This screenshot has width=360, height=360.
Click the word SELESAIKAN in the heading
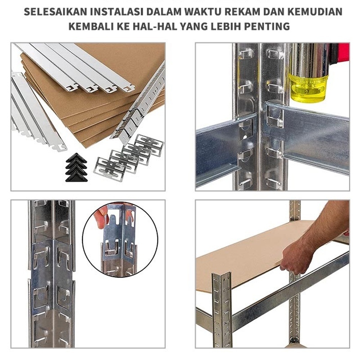(x=55, y=12)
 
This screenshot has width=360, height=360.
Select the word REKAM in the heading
(x=243, y=12)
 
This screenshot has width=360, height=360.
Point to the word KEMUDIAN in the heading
(x=315, y=12)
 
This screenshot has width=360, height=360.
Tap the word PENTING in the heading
(x=267, y=26)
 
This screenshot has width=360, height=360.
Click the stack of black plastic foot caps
(x=76, y=167)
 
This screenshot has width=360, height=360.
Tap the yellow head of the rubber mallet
(x=307, y=88)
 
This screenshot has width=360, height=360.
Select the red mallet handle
(x=340, y=53)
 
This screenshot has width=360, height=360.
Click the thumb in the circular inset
(x=101, y=219)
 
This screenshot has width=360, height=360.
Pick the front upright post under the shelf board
(x=222, y=310)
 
